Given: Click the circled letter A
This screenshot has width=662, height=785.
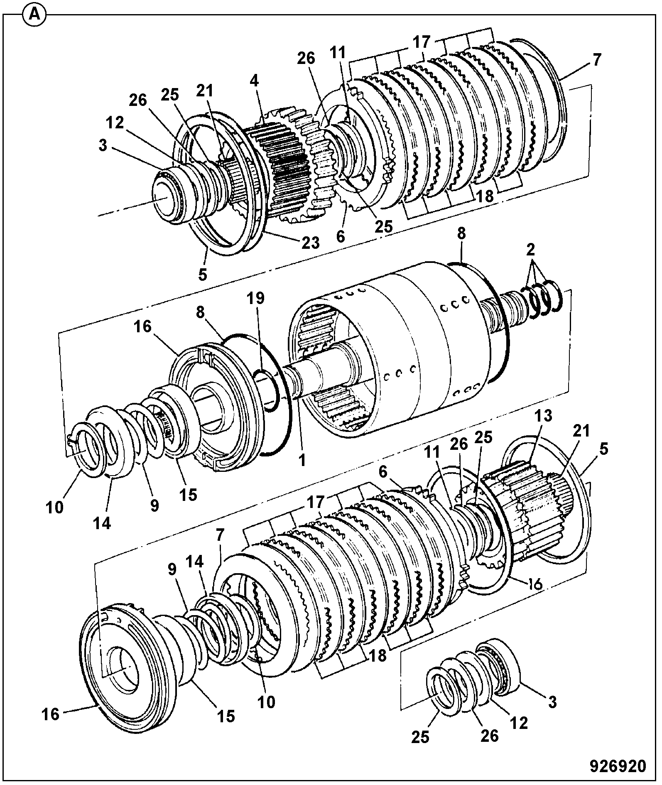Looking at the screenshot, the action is pyautogui.click(x=35, y=15).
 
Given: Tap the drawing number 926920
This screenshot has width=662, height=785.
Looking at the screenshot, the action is pyautogui.click(x=618, y=765).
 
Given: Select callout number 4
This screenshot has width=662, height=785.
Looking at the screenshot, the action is pyautogui.click(x=254, y=81).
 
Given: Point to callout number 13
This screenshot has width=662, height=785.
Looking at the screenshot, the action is pyautogui.click(x=544, y=416).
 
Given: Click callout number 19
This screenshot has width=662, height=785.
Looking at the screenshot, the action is pyautogui.click(x=256, y=298).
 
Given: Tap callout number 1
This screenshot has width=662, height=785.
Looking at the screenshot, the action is pyautogui.click(x=302, y=460).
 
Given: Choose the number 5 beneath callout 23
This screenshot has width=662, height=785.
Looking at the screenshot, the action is pyautogui.click(x=202, y=275).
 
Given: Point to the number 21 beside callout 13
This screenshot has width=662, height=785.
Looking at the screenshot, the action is pyautogui.click(x=581, y=431).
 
